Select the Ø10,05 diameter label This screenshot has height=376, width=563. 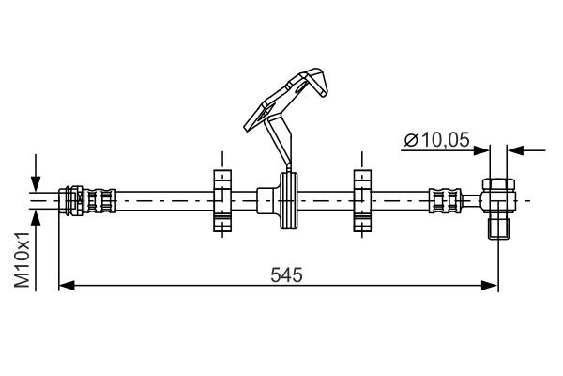[437, 141]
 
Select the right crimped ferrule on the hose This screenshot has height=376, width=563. [444, 200]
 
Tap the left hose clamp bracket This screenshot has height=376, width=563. [221, 200]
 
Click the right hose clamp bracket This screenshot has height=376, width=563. [361, 200]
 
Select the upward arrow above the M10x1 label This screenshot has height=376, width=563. [37, 217]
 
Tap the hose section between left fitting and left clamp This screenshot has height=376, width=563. [164, 200]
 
